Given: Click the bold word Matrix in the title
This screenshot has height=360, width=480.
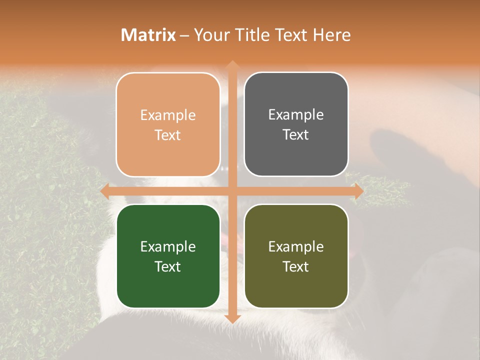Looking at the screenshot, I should click(x=148, y=35).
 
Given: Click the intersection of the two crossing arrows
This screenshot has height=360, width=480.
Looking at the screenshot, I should click(x=232, y=191).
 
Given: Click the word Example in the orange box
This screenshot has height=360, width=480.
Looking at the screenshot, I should click(x=168, y=115).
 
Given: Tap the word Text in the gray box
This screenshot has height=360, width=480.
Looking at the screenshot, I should click(x=296, y=135).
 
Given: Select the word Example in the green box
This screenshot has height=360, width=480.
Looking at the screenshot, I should click(x=168, y=247).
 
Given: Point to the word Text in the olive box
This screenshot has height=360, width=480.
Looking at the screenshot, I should click(x=296, y=266).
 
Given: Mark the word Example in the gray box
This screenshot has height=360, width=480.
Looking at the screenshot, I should click(x=296, y=115).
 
